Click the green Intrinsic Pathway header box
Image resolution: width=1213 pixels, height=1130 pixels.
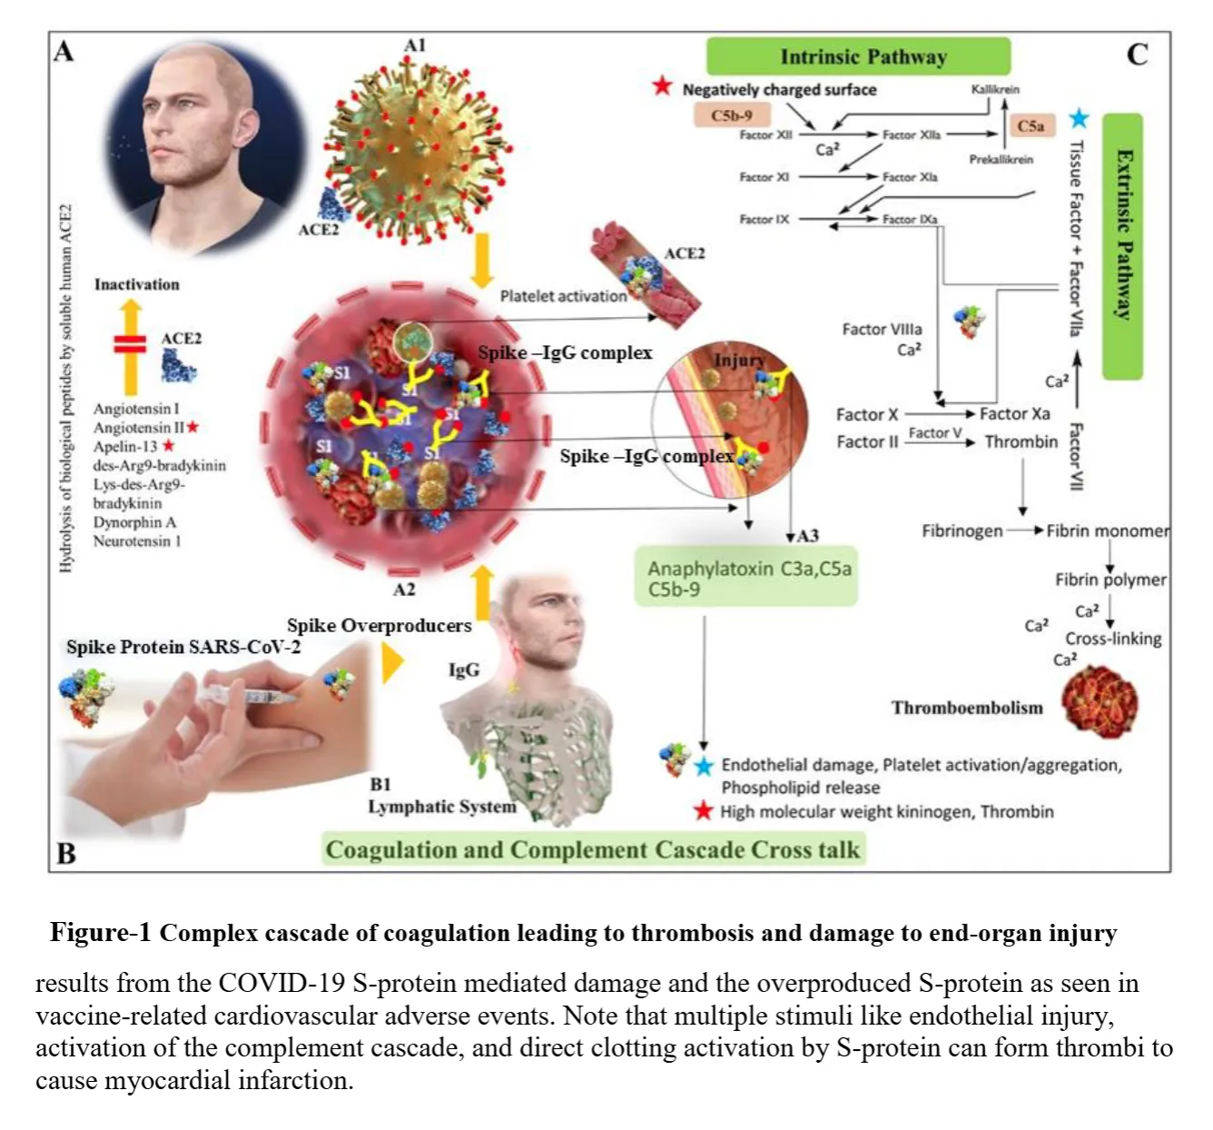(x=858, y=56)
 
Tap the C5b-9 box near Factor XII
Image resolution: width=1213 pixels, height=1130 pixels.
(x=733, y=115)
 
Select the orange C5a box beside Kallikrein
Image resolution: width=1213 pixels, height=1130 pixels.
(x=1031, y=126)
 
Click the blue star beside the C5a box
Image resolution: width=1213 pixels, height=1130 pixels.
(x=1079, y=118)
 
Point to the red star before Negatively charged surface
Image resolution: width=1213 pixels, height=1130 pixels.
(x=662, y=86)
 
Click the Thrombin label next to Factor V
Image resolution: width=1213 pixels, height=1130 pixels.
(x=1021, y=442)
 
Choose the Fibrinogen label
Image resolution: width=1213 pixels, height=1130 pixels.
(x=962, y=530)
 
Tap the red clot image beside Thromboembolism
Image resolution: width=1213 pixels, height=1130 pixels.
(x=1099, y=702)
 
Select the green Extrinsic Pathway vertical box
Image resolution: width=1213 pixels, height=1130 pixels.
(x=1122, y=245)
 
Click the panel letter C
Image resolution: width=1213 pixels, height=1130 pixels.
(x=1137, y=55)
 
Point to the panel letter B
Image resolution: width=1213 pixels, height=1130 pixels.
(x=66, y=853)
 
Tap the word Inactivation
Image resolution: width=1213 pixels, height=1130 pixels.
(x=137, y=284)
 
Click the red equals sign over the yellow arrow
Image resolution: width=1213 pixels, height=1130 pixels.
(x=131, y=343)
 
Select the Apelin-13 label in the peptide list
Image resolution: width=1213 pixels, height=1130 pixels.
(x=125, y=446)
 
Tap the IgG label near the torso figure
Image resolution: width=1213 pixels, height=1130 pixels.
(x=464, y=670)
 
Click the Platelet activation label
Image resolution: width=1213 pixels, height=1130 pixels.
(x=563, y=296)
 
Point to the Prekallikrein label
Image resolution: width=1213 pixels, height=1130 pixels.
(x=1001, y=159)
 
